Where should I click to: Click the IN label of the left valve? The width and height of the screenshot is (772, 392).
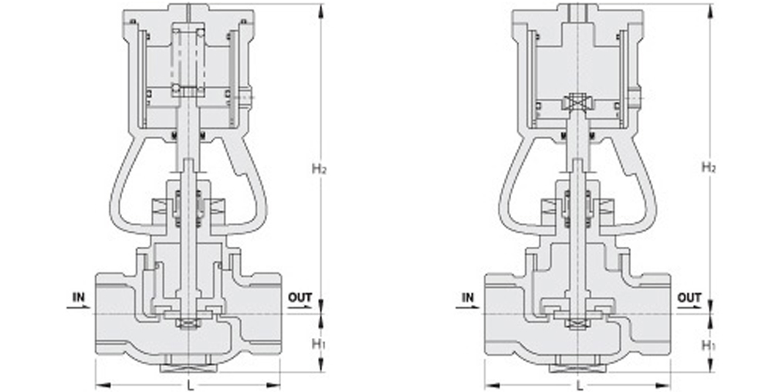[x=79, y=297]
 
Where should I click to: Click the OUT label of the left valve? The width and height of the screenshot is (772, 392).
[x=300, y=297]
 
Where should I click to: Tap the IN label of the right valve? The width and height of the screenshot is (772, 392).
[x=468, y=297]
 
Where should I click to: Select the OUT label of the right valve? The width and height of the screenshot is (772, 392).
[x=689, y=297]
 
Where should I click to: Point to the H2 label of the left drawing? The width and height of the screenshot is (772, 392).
[x=319, y=167]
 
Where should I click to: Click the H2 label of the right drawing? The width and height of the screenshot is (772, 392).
[x=708, y=167]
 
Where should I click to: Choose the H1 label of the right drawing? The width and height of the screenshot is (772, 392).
[x=708, y=344]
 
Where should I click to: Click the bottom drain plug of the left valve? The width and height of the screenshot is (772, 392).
[x=188, y=361]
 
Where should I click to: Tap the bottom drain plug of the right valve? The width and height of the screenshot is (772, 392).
[x=577, y=361]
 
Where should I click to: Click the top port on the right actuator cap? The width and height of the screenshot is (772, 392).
[x=577, y=12]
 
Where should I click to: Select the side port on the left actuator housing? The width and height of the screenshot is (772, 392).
[x=246, y=98]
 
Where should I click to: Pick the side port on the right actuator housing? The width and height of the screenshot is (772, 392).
[x=635, y=98]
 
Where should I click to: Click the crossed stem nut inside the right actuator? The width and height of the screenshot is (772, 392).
[x=577, y=102]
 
